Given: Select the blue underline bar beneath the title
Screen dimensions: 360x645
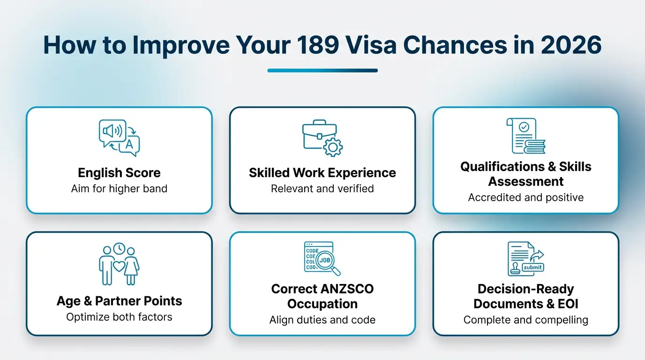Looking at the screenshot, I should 322,71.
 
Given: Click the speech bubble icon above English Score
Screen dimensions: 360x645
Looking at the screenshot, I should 113,131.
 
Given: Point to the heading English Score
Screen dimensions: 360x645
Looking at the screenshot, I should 119,173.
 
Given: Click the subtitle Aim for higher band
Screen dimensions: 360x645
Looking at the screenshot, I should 119,189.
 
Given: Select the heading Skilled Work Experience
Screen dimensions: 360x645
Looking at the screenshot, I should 322,173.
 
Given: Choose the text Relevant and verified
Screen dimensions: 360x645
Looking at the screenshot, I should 322,189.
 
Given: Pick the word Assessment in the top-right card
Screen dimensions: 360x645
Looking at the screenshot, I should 526,181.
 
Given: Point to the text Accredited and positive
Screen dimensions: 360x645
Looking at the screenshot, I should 526,197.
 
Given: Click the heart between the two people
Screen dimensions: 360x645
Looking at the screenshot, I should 119,265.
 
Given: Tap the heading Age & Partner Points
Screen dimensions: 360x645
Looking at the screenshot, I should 119,301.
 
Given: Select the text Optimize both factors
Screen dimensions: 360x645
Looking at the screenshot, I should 119,317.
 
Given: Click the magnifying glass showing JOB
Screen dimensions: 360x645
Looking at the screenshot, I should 327,261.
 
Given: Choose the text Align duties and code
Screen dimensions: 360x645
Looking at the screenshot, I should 322,320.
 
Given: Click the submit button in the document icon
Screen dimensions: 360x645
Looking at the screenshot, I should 532,267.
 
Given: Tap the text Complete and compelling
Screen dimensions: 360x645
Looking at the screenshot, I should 526,320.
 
